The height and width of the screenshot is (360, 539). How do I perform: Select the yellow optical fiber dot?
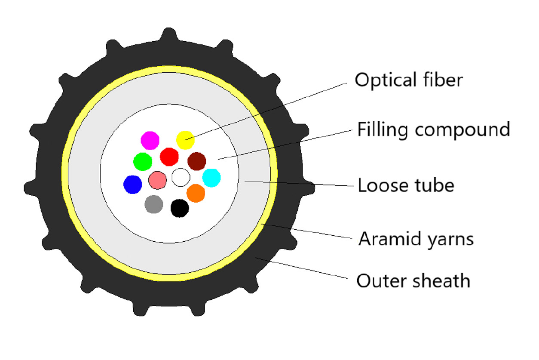pyautogui.click(x=185, y=138)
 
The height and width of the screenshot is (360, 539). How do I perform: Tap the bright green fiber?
pyautogui.click(x=142, y=162)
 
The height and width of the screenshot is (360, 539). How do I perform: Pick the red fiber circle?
pyautogui.click(x=169, y=157)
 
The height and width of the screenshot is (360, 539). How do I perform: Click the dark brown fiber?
pyautogui.click(x=196, y=161)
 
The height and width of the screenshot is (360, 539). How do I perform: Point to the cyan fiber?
pyautogui.click(x=211, y=178)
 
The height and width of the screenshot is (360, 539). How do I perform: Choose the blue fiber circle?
pyautogui.click(x=132, y=184)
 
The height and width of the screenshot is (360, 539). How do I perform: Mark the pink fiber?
pyautogui.click(x=157, y=179)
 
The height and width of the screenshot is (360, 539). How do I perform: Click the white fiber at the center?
pyautogui.click(x=181, y=177)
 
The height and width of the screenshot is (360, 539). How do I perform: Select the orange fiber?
pyautogui.click(x=196, y=193)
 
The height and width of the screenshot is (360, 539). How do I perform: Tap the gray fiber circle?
pyautogui.click(x=154, y=204)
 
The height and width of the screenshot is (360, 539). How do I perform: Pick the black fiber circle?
pyautogui.click(x=180, y=208)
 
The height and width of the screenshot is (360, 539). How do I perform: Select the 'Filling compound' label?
pyautogui.click(x=433, y=129)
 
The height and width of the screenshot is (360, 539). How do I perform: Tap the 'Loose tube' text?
pyautogui.click(x=406, y=185)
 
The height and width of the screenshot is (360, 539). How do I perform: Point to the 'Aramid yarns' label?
pyautogui.click(x=416, y=239)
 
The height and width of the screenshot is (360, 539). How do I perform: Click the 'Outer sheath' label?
pyautogui.click(x=413, y=281)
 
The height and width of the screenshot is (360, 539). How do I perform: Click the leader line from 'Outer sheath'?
pyautogui.click(x=301, y=268)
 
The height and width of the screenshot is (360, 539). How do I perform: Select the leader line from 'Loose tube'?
pyautogui.click(x=301, y=184)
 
